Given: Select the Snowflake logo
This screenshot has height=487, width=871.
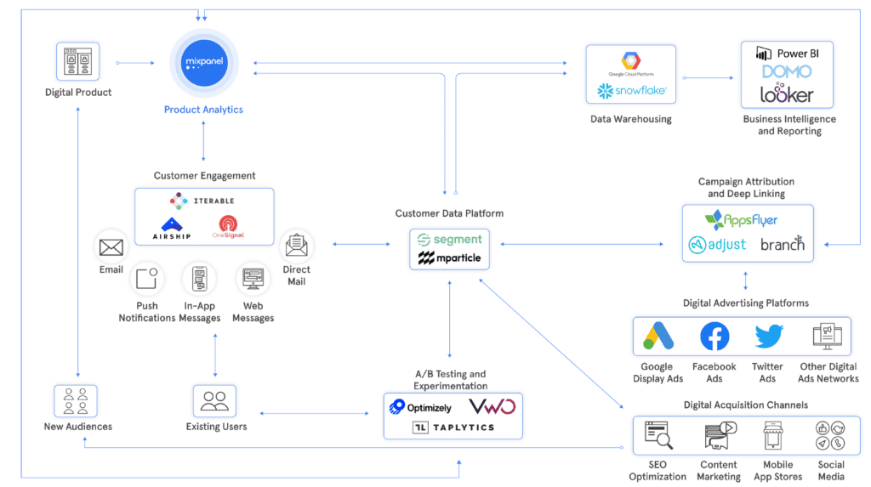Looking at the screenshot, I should (631, 90).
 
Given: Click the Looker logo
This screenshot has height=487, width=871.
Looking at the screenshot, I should (787, 94).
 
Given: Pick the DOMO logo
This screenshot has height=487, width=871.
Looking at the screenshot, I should (787, 73).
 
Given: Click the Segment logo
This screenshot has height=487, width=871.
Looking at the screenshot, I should (450, 240).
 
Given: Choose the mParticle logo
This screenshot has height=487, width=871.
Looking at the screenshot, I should (450, 258).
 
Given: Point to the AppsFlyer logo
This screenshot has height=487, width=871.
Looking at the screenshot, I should (742, 220).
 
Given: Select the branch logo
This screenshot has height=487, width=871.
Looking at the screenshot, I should (783, 244).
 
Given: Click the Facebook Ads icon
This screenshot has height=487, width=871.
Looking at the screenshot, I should (714, 337).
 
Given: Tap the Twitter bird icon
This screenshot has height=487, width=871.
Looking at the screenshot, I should (769, 337).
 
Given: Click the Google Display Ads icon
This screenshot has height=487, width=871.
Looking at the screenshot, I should (658, 337).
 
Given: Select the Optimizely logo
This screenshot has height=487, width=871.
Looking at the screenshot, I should (421, 407).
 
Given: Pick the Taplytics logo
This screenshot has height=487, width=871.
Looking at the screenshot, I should (453, 428).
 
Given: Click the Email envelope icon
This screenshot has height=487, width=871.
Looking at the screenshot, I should (111, 247).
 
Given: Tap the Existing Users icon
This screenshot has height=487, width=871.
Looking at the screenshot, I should (214, 400).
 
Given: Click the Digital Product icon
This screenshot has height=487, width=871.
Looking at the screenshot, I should (78, 63).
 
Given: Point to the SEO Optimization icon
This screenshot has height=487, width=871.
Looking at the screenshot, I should (658, 435).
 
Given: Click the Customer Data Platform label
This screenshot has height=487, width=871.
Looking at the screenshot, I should (449, 213).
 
